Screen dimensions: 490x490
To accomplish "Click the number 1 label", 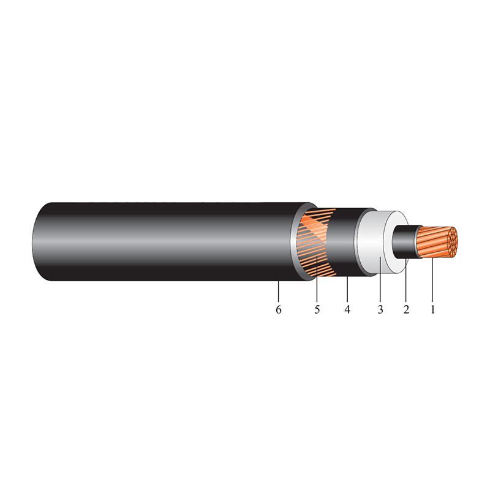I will point(432,310).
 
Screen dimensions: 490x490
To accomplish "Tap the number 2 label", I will point(405,310).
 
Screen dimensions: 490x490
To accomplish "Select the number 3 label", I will point(380,310).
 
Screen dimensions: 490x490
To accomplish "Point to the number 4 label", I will point(347,310).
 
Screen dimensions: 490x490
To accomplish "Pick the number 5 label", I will point(317,310).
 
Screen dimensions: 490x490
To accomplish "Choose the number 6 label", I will point(279,310).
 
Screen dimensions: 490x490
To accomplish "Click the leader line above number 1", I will point(432,282).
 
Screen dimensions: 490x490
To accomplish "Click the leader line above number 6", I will point(279,291).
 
